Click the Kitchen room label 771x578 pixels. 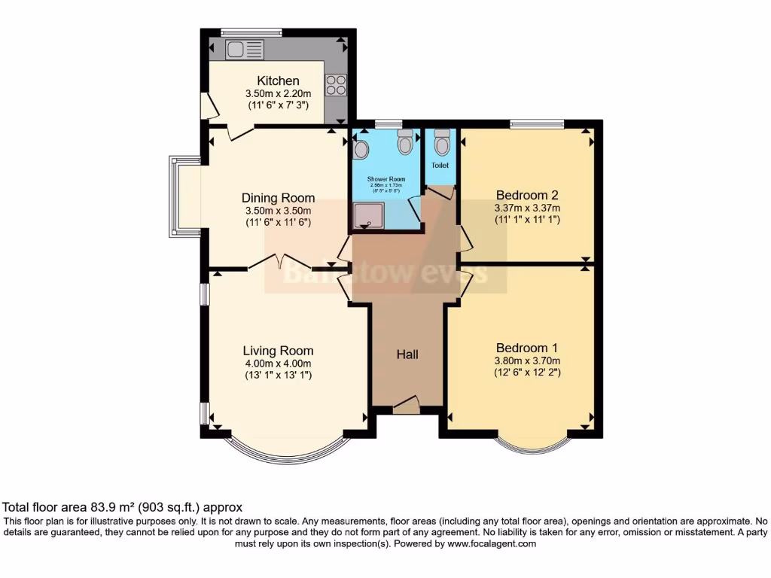coord(278,81)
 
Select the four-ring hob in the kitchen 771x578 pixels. coord(335,85)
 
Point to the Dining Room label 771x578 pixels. coord(278,198)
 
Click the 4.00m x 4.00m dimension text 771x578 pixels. coord(278,363)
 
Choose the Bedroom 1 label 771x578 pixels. coord(526,348)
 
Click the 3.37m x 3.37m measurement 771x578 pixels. coord(527,208)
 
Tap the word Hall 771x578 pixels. coord(407,354)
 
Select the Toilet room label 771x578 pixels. coord(440,165)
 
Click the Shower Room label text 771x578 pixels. coord(385,179)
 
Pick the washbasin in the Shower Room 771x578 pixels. coord(361,150)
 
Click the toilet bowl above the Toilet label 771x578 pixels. coord(442,141)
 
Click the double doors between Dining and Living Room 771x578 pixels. coord(277,262)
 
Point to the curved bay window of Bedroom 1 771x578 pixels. coord(532,447)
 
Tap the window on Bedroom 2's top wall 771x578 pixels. coord(537,123)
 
